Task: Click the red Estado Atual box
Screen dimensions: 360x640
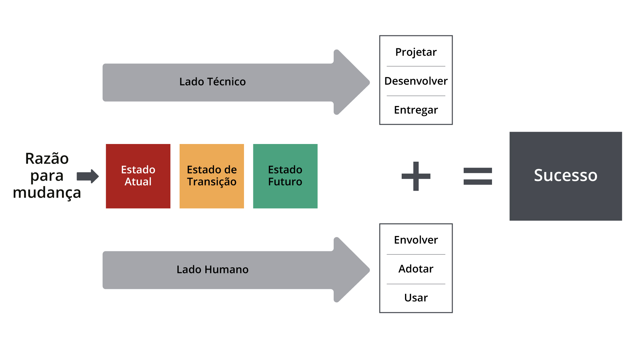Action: coord(138,176)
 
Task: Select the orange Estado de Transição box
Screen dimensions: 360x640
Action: coord(212,176)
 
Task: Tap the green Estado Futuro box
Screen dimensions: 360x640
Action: coord(285,176)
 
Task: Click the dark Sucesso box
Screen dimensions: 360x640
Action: coord(566,176)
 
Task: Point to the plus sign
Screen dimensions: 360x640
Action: coord(416,176)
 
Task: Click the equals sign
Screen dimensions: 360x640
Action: coord(478,176)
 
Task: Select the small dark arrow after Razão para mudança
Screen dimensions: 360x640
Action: coord(88,176)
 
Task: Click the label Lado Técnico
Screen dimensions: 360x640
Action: coord(212,82)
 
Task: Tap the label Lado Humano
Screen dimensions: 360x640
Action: coord(212,269)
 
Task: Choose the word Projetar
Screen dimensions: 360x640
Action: coord(416,52)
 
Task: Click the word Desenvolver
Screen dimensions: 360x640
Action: coord(416,81)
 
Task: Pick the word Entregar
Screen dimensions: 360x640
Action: coord(416,110)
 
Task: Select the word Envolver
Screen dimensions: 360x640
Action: coord(416,240)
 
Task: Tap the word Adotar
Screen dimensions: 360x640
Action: coord(416,269)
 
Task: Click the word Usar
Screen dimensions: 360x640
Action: coord(416,298)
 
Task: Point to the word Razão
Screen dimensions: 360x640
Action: coord(47,159)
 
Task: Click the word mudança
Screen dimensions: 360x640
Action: coord(47,193)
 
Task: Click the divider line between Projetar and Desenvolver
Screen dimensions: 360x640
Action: coord(416,66)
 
